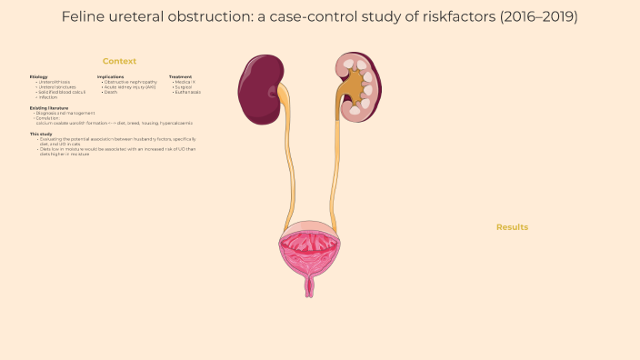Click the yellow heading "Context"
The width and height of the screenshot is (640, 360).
119,61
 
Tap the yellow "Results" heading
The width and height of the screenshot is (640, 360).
512,226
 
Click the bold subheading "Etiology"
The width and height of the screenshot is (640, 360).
38,76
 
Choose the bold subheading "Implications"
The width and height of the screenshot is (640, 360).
110,76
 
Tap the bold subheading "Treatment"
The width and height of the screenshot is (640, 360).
180,76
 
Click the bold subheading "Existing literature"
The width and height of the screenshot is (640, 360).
49,107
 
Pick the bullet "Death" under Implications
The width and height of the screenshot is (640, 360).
110,92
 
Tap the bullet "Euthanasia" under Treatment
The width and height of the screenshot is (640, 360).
187,92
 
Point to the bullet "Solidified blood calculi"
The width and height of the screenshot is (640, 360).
62,92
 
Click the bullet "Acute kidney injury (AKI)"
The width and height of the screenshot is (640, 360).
130,86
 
